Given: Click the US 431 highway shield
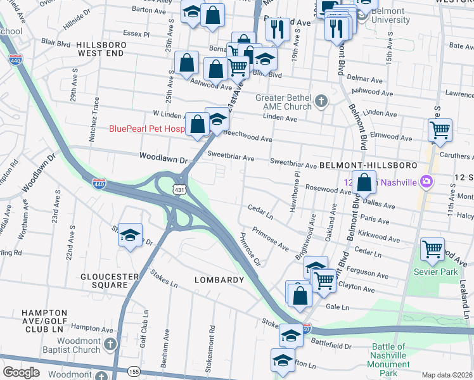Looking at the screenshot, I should pyautogui.click(x=181, y=189).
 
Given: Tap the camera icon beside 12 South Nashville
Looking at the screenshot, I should pyautogui.click(x=426, y=182).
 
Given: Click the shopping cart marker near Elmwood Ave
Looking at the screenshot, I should pyautogui.click(x=440, y=130).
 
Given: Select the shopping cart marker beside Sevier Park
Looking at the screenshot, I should pyautogui.click(x=432, y=249).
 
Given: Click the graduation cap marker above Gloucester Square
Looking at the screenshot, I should pyautogui.click(x=130, y=236).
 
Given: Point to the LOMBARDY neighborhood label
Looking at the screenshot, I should pyautogui.click(x=214, y=280).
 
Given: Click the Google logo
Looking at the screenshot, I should pyautogui.click(x=21, y=372).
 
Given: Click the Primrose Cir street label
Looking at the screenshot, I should pyautogui.click(x=250, y=250).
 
